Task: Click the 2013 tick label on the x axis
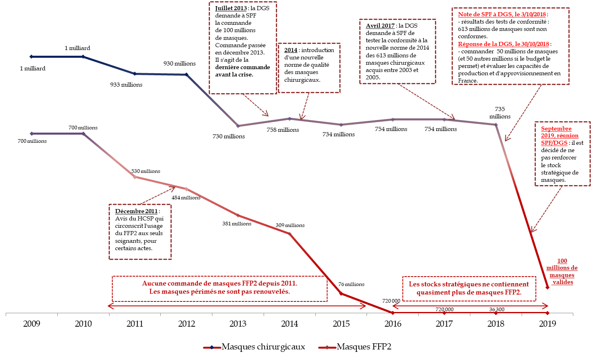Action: pyautogui.click(x=238, y=324)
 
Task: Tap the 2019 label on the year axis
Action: pyautogui.click(x=547, y=324)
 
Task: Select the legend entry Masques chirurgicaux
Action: pyautogui.click(x=263, y=347)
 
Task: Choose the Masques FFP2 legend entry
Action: pyautogui.click(x=364, y=347)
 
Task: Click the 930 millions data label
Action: pyautogui.click(x=179, y=64)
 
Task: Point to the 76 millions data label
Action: pyautogui.click(x=351, y=284)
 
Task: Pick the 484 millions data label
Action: pyautogui.click(x=186, y=198)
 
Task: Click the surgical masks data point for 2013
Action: pyautogui.click(x=238, y=126)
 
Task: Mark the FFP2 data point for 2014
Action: pyautogui.click(x=290, y=234)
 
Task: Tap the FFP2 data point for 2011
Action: pyautogui.click(x=135, y=177)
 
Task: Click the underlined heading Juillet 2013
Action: pyautogui.click(x=231, y=9)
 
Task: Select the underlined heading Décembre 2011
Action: pyautogui.click(x=136, y=211)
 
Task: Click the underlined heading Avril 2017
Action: pyautogui.click(x=380, y=26)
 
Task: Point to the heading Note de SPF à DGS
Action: pyautogui.click(x=502, y=14)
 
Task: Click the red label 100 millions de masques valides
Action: pyautogui.click(x=562, y=271)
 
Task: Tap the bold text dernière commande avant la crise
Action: pyautogui.click(x=242, y=71)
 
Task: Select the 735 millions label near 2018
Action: pyautogui.click(x=500, y=113)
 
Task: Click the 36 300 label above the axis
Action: pyautogui.click(x=496, y=310)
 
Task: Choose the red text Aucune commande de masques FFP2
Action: pyautogui.click(x=220, y=284)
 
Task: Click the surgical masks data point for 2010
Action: pyautogui.click(x=83, y=57)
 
